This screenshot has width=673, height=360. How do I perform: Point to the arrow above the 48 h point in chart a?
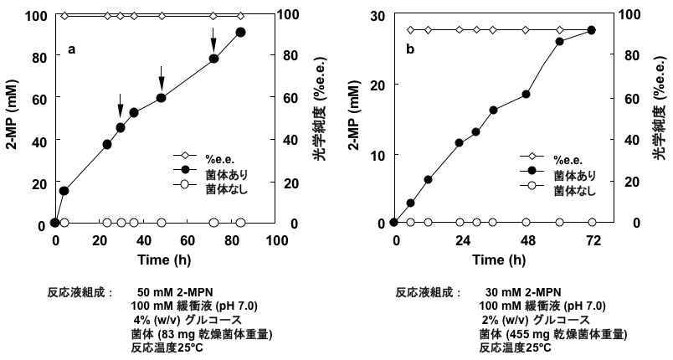click(x=161, y=80)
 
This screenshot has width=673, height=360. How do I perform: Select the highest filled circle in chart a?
click(x=241, y=32)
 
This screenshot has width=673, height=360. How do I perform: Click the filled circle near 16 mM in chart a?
click(x=64, y=191)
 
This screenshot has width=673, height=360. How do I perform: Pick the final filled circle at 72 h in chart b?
click(x=592, y=30)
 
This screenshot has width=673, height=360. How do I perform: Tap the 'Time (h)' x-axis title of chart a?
click(x=166, y=260)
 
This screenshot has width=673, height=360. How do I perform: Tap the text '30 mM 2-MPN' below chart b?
click(x=520, y=293)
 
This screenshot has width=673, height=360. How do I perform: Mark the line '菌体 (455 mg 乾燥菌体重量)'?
click(x=552, y=334)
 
